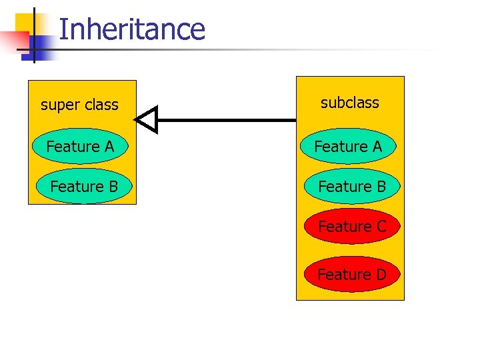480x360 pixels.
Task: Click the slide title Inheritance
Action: click(x=131, y=30)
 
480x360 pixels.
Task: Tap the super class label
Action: click(x=79, y=105)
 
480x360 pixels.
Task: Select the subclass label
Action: click(x=349, y=103)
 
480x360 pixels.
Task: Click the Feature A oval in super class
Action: click(x=81, y=146)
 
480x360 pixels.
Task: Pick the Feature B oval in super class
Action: click(x=84, y=187)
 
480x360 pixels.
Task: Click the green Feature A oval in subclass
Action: click(x=348, y=146)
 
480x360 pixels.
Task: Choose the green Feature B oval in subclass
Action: click(x=351, y=187)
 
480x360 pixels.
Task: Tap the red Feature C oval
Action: click(x=351, y=227)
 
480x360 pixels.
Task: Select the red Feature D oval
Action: click(x=351, y=275)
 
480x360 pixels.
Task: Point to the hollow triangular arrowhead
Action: click(x=147, y=120)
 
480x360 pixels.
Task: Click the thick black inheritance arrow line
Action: click(x=227, y=120)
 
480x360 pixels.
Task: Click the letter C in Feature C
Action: click(x=381, y=227)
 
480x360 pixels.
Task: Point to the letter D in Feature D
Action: click(x=381, y=275)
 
